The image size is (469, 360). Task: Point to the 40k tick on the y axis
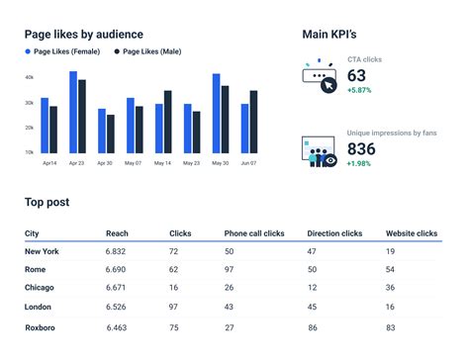click(x=29, y=77)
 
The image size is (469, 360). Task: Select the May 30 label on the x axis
click(x=220, y=162)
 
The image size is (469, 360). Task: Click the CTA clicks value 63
click(x=357, y=76)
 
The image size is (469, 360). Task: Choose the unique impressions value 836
click(x=362, y=147)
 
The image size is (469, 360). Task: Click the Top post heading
click(x=47, y=202)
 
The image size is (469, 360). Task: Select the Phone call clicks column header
click(x=254, y=233)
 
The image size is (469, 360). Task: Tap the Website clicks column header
click(x=411, y=233)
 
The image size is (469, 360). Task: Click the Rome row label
click(x=36, y=269)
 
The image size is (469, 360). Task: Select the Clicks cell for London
click(x=174, y=308)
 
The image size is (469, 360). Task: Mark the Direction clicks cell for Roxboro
click(x=313, y=326)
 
